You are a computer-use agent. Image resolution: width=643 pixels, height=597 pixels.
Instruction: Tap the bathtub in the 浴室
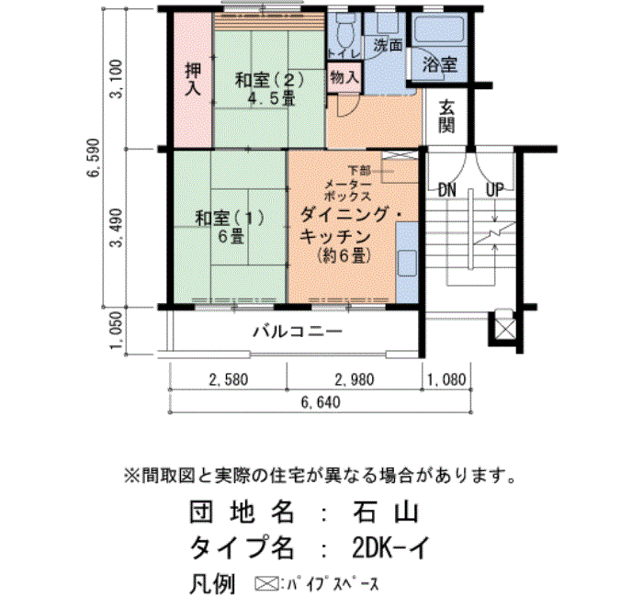click(x=439, y=28)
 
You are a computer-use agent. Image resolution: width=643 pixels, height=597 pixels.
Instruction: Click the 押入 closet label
click(x=193, y=79)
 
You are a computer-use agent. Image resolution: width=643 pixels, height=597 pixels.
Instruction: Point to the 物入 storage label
click(x=344, y=76)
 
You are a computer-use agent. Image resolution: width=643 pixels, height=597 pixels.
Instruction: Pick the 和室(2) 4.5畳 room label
click(x=269, y=88)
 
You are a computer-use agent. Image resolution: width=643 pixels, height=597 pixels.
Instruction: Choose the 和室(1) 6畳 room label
click(x=230, y=227)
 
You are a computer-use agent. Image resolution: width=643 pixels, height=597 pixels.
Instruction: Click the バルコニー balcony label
click(x=298, y=332)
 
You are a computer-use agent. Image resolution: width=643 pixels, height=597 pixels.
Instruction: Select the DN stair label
click(x=447, y=190)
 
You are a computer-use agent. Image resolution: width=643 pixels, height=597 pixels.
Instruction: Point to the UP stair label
click(x=494, y=190)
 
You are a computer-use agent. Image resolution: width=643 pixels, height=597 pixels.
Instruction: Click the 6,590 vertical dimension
click(x=93, y=157)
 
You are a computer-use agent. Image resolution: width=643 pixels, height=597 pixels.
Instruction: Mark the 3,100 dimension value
click(x=116, y=79)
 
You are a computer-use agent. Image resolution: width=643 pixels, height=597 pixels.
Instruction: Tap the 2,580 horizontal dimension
click(x=229, y=379)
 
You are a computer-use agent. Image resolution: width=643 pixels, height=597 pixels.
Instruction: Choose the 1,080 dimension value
click(x=446, y=379)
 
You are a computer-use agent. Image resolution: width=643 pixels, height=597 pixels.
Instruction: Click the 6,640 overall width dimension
click(x=321, y=402)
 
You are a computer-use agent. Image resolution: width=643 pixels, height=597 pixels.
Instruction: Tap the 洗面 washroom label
click(x=388, y=45)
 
